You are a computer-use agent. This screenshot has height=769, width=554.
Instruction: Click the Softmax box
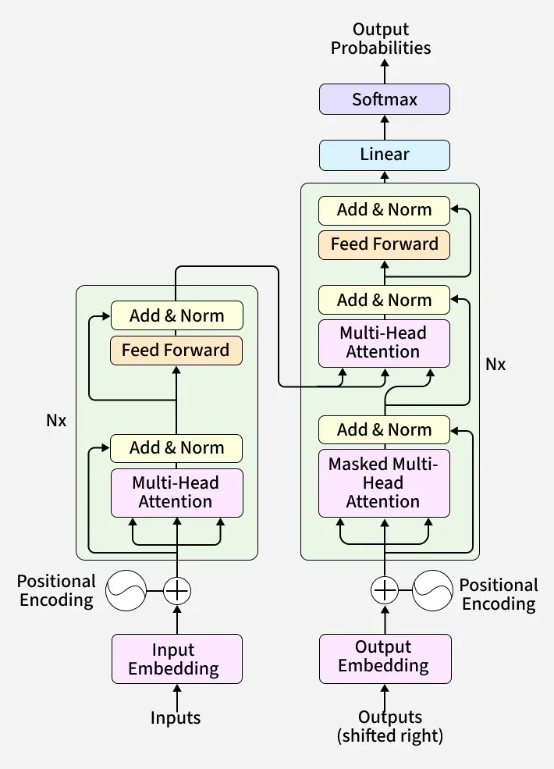pos(385,99)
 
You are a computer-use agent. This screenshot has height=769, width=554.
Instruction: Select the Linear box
pos(385,155)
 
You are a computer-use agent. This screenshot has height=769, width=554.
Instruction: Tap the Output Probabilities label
pos(381,39)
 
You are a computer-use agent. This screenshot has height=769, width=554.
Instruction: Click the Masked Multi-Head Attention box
pos(384,482)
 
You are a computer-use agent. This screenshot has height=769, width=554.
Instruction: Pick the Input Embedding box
pos(177,659)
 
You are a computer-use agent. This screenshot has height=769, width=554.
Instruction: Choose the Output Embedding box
pos(385,657)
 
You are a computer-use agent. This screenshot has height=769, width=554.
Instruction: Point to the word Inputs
pos(176,718)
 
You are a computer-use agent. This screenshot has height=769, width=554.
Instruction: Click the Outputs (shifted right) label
pos(389,726)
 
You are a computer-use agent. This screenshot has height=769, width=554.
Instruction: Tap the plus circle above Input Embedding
pos(177,590)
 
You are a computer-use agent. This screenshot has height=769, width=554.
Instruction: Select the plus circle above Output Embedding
pos(384,590)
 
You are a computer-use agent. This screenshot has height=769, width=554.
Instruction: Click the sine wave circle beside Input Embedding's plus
pos(126,590)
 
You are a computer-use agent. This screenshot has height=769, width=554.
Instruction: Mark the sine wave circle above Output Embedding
pos(432,590)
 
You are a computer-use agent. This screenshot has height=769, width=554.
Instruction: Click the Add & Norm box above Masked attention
pos(384,429)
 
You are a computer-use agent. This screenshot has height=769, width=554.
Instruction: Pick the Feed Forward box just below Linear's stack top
pos(384,244)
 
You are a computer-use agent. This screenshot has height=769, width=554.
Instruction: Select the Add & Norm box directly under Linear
pos(384,210)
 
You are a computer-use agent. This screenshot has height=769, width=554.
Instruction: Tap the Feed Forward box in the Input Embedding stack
pos(176,350)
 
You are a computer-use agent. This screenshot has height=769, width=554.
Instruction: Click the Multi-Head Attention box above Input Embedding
pos(176,492)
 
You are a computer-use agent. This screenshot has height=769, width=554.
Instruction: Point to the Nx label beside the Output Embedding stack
pos(495,364)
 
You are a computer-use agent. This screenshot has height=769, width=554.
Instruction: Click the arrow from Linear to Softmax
pos(385,127)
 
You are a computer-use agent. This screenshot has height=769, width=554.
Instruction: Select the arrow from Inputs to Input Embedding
pos(177,695)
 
